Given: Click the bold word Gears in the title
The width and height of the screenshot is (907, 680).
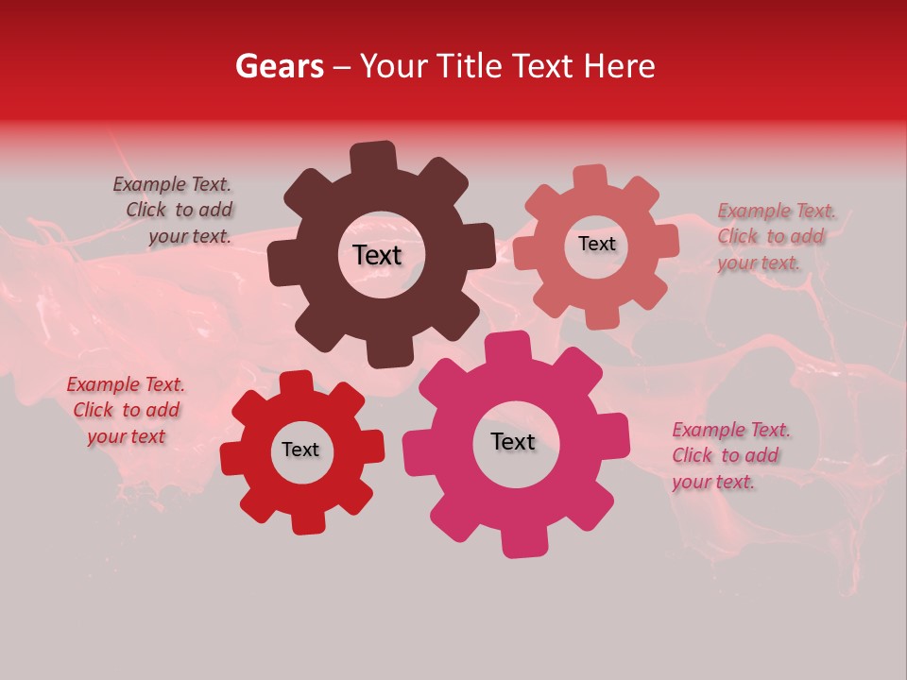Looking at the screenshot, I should coord(279,66).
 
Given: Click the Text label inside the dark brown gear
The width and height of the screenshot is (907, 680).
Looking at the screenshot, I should coord(377,255).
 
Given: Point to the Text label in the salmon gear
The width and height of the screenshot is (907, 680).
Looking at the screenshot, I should coord(596,244).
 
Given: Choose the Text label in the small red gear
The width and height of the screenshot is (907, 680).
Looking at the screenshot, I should coord(300,450).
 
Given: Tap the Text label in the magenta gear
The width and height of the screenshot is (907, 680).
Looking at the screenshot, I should coord(513,441).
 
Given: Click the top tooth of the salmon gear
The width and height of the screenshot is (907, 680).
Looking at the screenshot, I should coord(590,178).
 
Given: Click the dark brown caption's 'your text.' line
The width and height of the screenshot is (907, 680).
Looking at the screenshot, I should coord(190,236).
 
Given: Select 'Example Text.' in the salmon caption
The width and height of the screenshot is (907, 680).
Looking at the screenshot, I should coord(777,211).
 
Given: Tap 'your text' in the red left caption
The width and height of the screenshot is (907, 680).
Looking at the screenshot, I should coord(126,436).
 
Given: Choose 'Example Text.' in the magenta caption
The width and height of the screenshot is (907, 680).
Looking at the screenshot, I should coord(731,430).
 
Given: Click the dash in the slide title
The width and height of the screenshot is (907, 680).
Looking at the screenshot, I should coord(342,67).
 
